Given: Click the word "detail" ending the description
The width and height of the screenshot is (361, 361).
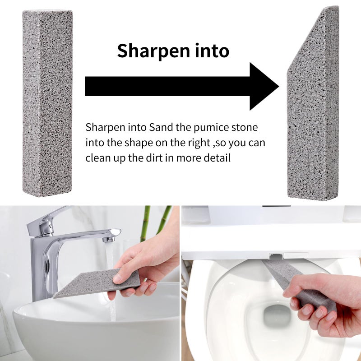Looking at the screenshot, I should (x=217, y=157).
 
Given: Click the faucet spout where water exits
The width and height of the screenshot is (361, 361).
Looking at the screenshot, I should (x=109, y=239).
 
